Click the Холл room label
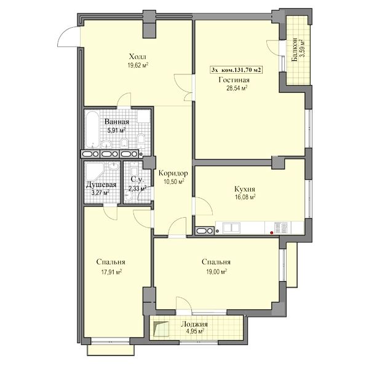[x=138, y=57]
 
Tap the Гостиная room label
[x=234, y=80]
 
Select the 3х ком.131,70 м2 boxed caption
[x=236, y=70]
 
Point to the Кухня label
[x=245, y=189]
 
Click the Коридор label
[x=173, y=173]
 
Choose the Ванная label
[x=117, y=122]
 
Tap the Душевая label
[x=101, y=184]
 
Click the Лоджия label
[x=194, y=324]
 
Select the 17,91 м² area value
[x=111, y=272]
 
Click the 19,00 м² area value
[x=216, y=272]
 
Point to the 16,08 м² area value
[x=245, y=197]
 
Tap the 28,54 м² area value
[x=237, y=88]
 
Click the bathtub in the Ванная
[x=92, y=129]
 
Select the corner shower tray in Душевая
[x=95, y=172]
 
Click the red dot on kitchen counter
[x=272, y=232]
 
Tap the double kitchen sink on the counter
[x=232, y=228]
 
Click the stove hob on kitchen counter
[x=281, y=228]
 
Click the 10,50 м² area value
[x=174, y=181]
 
